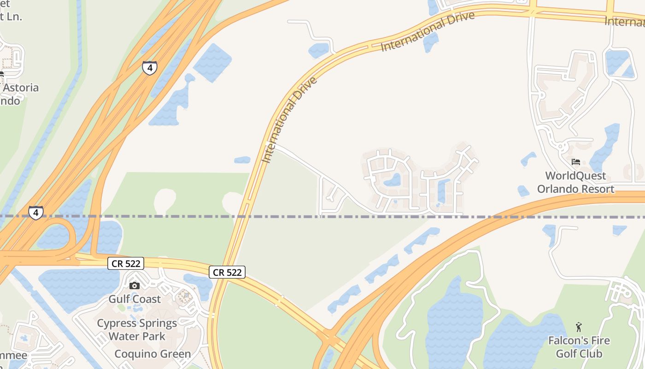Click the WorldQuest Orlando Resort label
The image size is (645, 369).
pyautogui.click(x=575, y=182)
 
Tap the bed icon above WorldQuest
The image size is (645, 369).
pyautogui.click(x=575, y=162)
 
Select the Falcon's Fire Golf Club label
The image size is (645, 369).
pyautogui.click(x=579, y=347)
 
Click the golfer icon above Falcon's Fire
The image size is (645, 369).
pyautogui.click(x=579, y=327)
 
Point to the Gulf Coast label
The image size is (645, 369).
pyautogui.click(x=135, y=299)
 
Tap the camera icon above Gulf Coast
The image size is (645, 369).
pyautogui.click(x=135, y=286)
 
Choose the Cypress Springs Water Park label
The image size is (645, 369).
pyautogui.click(x=137, y=330)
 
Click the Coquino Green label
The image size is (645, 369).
pyautogui.click(x=152, y=354)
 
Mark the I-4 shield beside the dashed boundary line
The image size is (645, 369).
pyautogui.click(x=36, y=213)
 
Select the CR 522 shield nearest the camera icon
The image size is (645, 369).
pyautogui.click(x=126, y=263)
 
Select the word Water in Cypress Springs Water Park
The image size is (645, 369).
pyautogui.click(x=123, y=336)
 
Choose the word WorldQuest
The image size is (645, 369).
pyautogui.click(x=575, y=176)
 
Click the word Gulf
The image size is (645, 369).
pyautogui.click(x=118, y=299)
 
